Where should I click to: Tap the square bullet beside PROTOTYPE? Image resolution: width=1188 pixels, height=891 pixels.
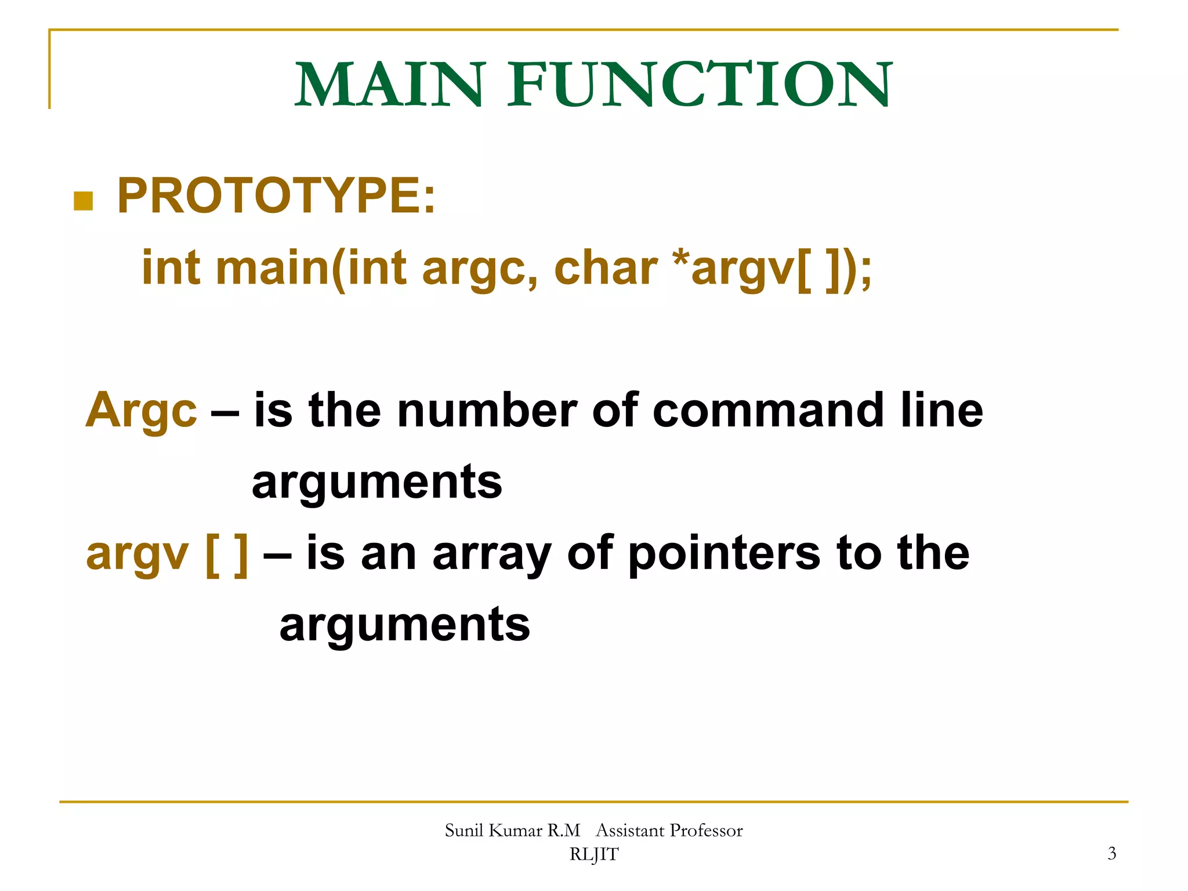(84, 201)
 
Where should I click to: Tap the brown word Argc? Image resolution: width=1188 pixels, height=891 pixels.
(142, 410)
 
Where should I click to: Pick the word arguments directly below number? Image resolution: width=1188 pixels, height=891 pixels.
(377, 483)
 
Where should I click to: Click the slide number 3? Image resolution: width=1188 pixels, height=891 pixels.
(1111, 853)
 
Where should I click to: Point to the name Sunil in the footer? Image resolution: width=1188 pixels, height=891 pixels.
(464, 831)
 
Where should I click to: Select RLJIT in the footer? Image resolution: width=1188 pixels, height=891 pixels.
(594, 854)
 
